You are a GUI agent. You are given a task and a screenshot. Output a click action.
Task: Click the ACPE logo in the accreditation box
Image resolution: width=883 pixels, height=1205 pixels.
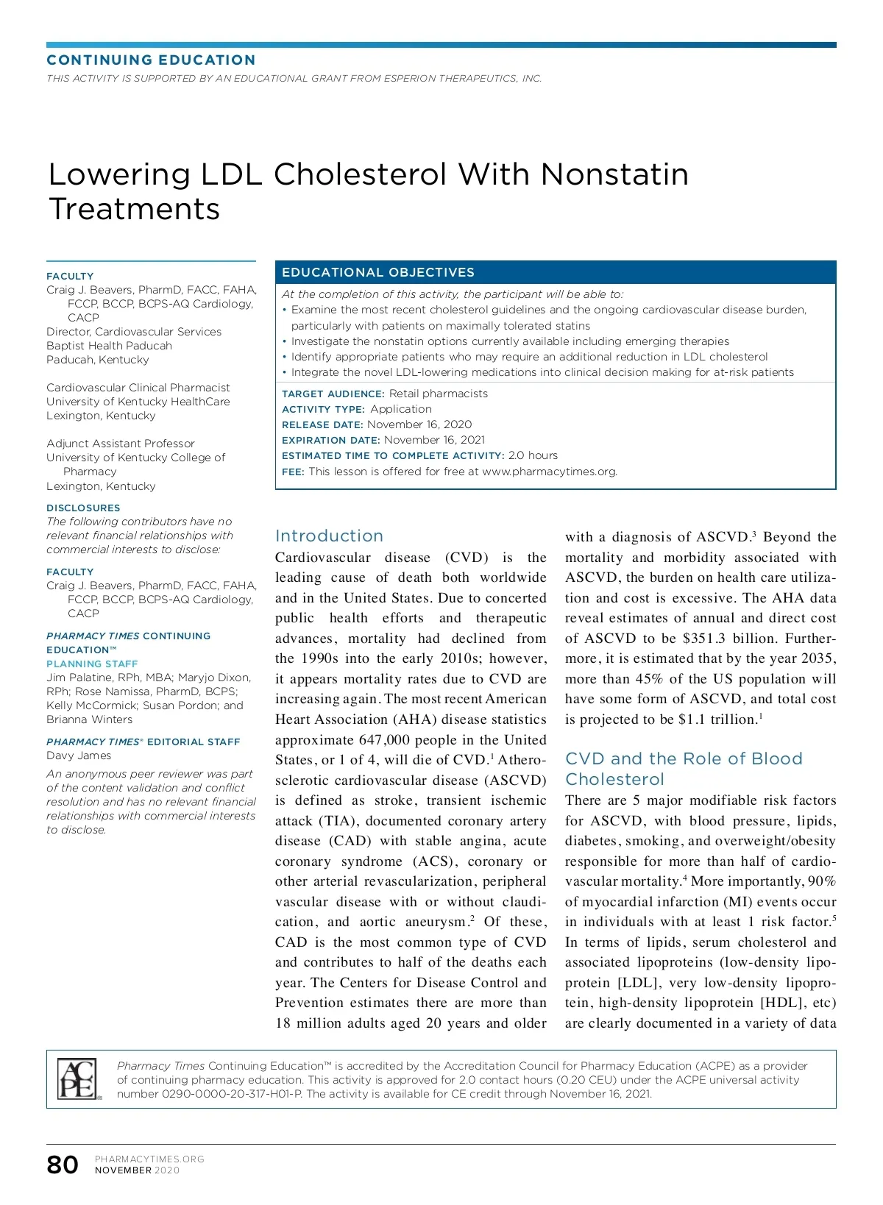click(x=77, y=1078)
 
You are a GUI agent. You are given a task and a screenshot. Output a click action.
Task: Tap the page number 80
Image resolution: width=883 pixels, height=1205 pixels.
click(x=63, y=1165)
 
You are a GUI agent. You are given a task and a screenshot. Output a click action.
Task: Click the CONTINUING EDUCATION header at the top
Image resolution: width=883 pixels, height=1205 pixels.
click(x=151, y=60)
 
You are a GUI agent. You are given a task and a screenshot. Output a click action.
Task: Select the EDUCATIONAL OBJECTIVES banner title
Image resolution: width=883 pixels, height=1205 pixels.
click(x=378, y=272)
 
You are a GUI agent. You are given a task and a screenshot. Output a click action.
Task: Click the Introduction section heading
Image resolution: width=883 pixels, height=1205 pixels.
click(x=329, y=536)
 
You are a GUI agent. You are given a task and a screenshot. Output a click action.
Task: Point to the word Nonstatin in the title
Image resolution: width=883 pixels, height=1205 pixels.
click(x=614, y=174)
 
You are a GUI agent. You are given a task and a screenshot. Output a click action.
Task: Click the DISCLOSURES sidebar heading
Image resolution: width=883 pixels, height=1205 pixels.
click(x=83, y=508)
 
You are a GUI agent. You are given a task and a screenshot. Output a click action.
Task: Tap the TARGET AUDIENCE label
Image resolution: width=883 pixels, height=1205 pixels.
click(x=333, y=394)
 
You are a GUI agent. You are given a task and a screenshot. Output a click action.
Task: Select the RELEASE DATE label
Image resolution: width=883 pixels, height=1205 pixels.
click(x=322, y=424)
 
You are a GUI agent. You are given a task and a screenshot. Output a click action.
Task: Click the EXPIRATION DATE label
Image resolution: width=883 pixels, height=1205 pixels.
click(x=330, y=440)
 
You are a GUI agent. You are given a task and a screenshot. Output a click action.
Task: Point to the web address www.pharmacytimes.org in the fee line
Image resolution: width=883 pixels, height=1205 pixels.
click(x=549, y=472)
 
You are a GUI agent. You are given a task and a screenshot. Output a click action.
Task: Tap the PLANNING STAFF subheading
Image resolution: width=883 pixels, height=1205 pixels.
click(x=92, y=664)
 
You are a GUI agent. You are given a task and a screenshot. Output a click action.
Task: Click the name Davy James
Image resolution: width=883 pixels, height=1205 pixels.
click(x=79, y=756)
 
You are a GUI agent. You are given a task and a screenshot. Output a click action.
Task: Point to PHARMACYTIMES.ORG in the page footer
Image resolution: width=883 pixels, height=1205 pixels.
click(x=149, y=1159)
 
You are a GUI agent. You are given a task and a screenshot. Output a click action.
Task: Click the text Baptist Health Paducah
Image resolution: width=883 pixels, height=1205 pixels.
click(x=109, y=346)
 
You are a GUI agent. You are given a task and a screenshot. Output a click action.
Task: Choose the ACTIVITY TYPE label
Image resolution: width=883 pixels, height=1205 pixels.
click(x=323, y=409)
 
